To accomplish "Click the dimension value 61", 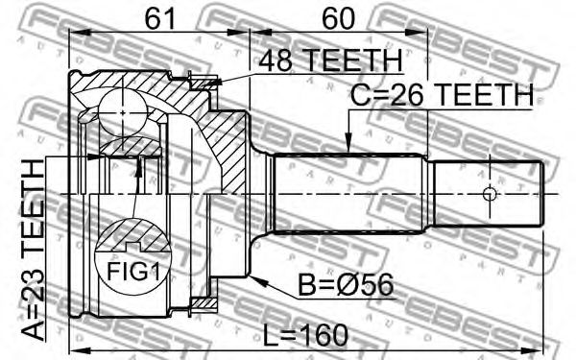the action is tap(159, 18).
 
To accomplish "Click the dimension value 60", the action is tap(338, 18).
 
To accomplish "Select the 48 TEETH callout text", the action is tap(330, 60).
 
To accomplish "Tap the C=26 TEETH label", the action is tap(442, 95).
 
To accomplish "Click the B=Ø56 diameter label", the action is tap(346, 285).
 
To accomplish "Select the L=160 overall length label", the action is tap(305, 335).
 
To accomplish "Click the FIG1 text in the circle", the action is tap(133, 272).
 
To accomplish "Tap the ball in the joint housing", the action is tap(123, 112).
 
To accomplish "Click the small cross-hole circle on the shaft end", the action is tap(489, 194).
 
